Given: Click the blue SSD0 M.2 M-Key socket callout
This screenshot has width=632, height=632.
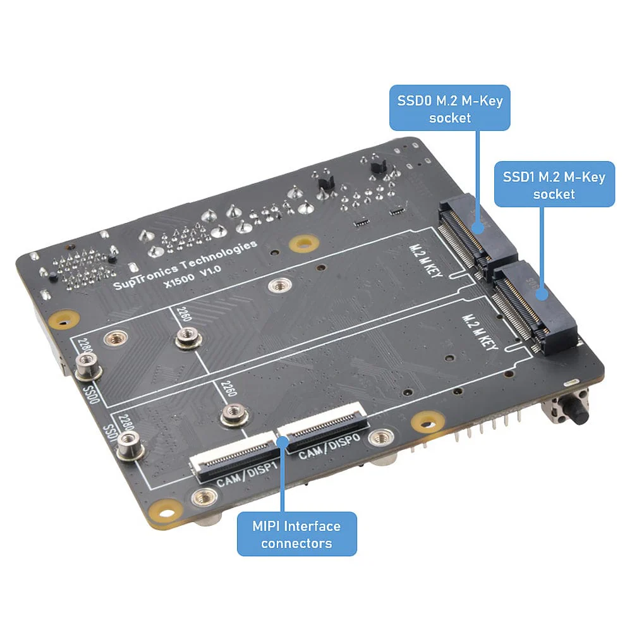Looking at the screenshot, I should (x=450, y=108).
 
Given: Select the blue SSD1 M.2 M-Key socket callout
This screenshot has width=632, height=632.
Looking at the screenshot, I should (x=554, y=184).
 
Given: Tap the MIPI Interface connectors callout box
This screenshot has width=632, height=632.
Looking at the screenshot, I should (x=296, y=534).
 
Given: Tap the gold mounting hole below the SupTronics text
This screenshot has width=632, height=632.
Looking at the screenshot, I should (x=303, y=243).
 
